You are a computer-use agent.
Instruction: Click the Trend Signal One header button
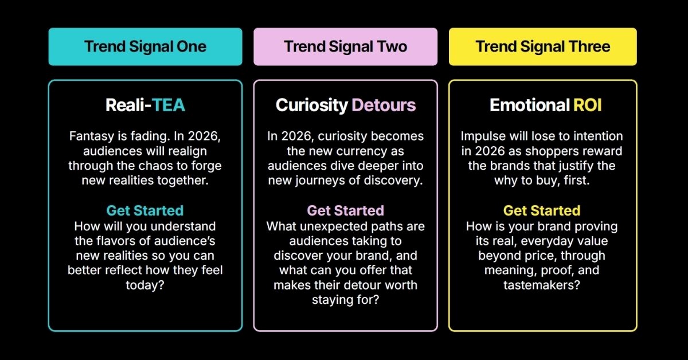coord(145,46)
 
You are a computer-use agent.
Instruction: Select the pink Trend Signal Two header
coord(346,46)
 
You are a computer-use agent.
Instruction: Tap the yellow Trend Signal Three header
coord(543,46)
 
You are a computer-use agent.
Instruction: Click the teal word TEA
coord(169,105)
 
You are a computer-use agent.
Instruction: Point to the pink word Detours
coord(384,105)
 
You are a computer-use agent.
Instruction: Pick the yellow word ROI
coord(587,105)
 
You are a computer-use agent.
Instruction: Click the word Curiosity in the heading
coord(312,105)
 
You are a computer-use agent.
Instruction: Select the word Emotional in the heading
coord(530,105)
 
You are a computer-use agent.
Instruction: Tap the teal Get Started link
coord(145,211)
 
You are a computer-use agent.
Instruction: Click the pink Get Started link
coord(346,211)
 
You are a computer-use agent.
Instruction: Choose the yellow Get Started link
coord(542,211)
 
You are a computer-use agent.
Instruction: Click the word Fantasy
coord(92,136)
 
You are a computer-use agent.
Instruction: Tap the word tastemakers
coord(542,285)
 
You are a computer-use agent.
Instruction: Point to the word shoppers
coord(554,151)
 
